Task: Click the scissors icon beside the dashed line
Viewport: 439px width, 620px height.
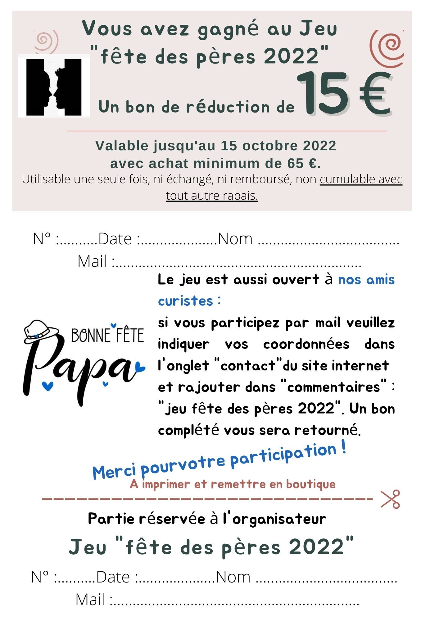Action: click(390, 499)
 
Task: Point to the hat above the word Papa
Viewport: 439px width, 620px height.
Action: click(40, 332)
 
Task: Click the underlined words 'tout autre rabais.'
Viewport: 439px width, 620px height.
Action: click(212, 196)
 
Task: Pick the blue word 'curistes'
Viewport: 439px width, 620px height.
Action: click(185, 301)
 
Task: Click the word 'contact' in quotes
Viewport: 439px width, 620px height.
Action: click(248, 366)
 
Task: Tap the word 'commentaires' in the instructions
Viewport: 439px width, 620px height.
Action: click(334, 387)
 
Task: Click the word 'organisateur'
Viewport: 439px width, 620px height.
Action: click(279, 519)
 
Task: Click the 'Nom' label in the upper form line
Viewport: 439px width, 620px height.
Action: click(235, 239)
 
